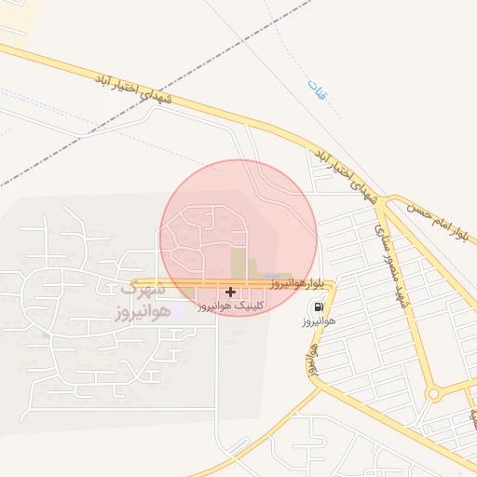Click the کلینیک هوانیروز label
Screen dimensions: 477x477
point(233,305)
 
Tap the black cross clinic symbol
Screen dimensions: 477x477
point(231,292)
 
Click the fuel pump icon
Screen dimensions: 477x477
point(319,307)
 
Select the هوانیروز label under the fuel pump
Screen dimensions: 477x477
point(318,323)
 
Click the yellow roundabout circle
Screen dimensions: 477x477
point(433,394)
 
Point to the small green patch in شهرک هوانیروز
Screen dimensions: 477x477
point(45,333)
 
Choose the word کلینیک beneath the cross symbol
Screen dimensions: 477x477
point(251,305)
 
